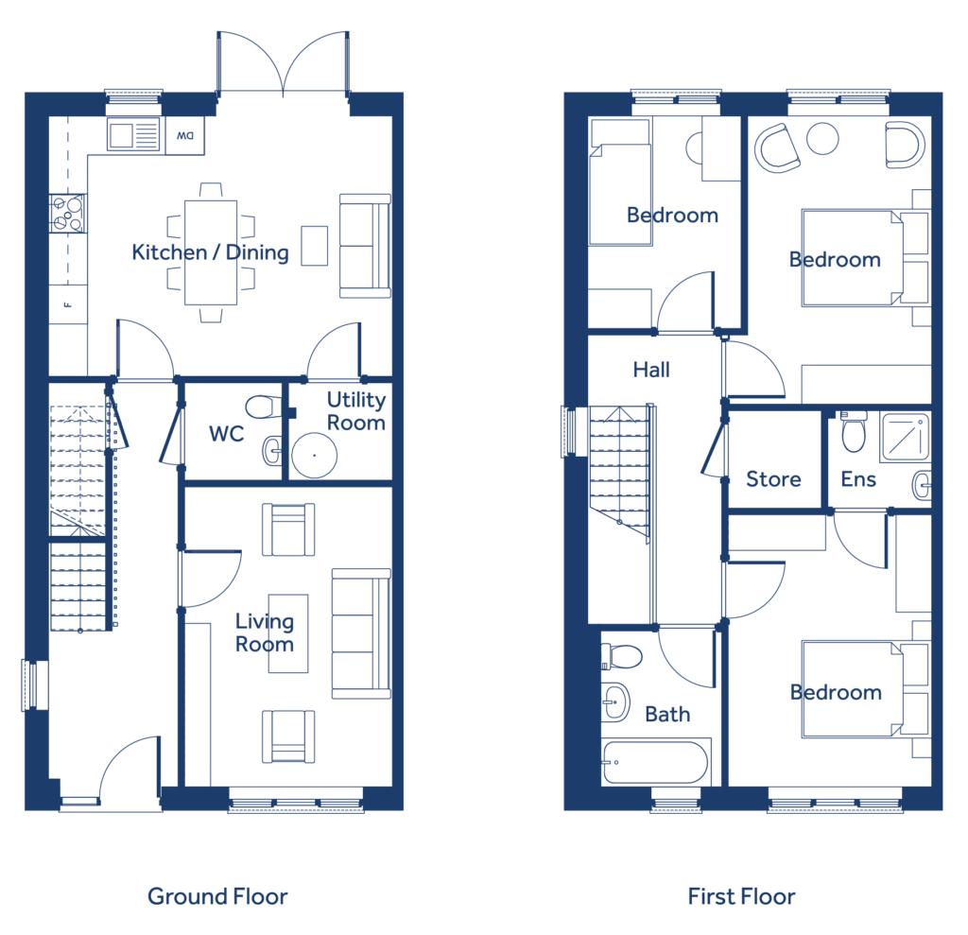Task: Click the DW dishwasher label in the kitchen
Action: [x=185, y=135]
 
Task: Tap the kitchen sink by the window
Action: [x=133, y=135]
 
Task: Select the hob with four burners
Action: [x=67, y=214]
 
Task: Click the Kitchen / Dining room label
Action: [x=211, y=252]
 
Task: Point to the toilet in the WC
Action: [x=263, y=407]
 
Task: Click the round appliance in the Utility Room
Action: [x=314, y=455]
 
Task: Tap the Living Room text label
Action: [x=265, y=633]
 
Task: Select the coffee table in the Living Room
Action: [x=288, y=633]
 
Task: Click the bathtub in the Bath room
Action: [x=655, y=762]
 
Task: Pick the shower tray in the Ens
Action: [x=906, y=437]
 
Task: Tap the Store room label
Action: [x=773, y=479]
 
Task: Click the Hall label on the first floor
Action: [x=651, y=370]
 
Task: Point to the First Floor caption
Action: [x=741, y=896]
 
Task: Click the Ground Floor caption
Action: [x=217, y=896]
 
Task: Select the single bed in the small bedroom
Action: [x=620, y=182]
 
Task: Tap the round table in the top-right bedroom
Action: [x=822, y=138]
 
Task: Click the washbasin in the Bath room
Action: [x=615, y=702]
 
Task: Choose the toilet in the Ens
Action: [x=854, y=432]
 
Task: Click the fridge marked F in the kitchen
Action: [x=68, y=303]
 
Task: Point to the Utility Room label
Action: [x=356, y=410]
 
